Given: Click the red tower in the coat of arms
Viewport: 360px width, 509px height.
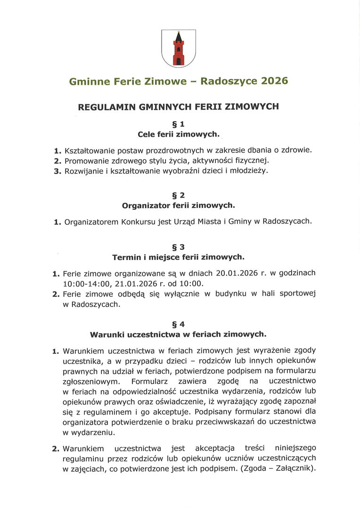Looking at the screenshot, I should point(179,50).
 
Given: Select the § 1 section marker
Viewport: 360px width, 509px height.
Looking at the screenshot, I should point(178,124).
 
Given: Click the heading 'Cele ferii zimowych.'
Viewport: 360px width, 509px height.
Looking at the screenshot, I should point(178,134).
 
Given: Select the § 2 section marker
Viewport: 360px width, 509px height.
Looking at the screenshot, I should point(178,195).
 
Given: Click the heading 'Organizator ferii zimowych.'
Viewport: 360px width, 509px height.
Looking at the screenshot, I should point(178,205).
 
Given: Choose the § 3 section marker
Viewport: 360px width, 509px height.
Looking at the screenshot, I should point(178,246).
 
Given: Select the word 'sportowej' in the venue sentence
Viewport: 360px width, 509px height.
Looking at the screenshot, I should point(297,294).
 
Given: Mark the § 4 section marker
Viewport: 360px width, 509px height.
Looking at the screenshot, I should point(178,324).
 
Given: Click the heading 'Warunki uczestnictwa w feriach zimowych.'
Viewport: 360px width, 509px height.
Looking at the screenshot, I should point(178,334).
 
